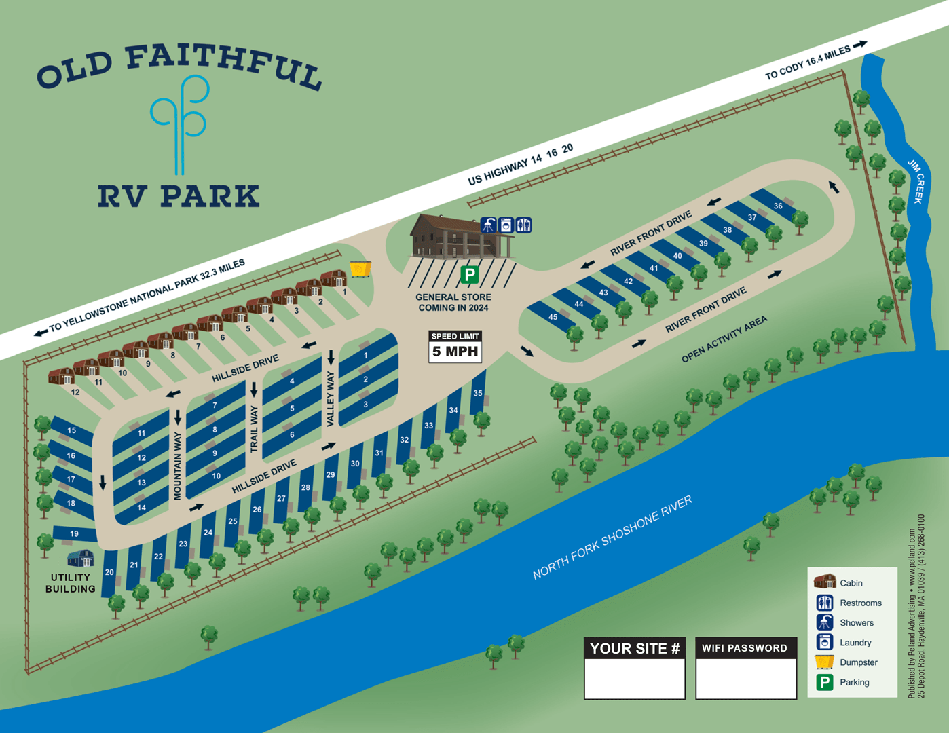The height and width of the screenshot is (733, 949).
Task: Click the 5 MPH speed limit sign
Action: (455, 346)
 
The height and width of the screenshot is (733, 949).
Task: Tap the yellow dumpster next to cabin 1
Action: (360, 269)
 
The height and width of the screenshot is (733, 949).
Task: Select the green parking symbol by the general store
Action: (469, 275)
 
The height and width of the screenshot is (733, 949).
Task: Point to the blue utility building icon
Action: (81, 559)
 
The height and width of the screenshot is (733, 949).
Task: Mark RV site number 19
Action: (74, 533)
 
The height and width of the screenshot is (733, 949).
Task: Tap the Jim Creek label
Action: (916, 181)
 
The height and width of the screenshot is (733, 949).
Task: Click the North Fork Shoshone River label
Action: (612, 538)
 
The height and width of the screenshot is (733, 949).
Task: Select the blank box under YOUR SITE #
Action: (634, 678)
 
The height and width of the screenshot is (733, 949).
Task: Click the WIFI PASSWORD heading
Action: (745, 648)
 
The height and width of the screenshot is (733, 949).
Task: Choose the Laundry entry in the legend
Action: (855, 643)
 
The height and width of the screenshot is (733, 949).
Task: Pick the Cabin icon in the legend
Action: (825, 582)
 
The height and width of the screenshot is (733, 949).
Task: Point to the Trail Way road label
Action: (255, 429)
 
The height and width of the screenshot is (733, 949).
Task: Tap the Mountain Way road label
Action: (178, 466)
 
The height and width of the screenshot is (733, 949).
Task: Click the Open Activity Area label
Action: (724, 339)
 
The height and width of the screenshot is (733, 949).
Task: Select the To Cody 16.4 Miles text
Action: (808, 62)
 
